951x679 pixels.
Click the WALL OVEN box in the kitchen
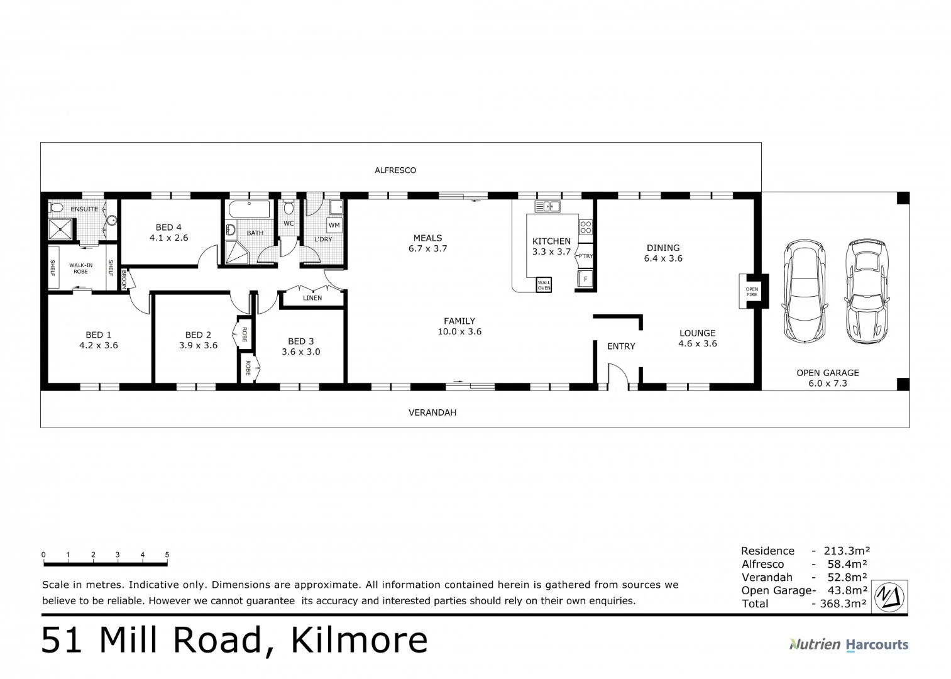544,285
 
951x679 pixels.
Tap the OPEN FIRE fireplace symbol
752,292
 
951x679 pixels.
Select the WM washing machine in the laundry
334,225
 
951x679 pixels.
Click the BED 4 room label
168,228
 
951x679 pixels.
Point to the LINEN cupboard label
312,298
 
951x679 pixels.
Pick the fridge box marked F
585,279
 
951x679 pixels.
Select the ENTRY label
621,346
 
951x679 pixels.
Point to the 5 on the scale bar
167,555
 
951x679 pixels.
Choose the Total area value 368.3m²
843,604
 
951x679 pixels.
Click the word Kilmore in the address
359,641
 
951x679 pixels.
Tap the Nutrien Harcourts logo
849,644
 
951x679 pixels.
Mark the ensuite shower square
61,228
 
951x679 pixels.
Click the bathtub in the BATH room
249,209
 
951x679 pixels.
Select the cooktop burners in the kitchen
585,227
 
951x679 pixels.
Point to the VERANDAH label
432,413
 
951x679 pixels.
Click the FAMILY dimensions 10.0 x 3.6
459,331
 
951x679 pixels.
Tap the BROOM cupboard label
124,280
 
